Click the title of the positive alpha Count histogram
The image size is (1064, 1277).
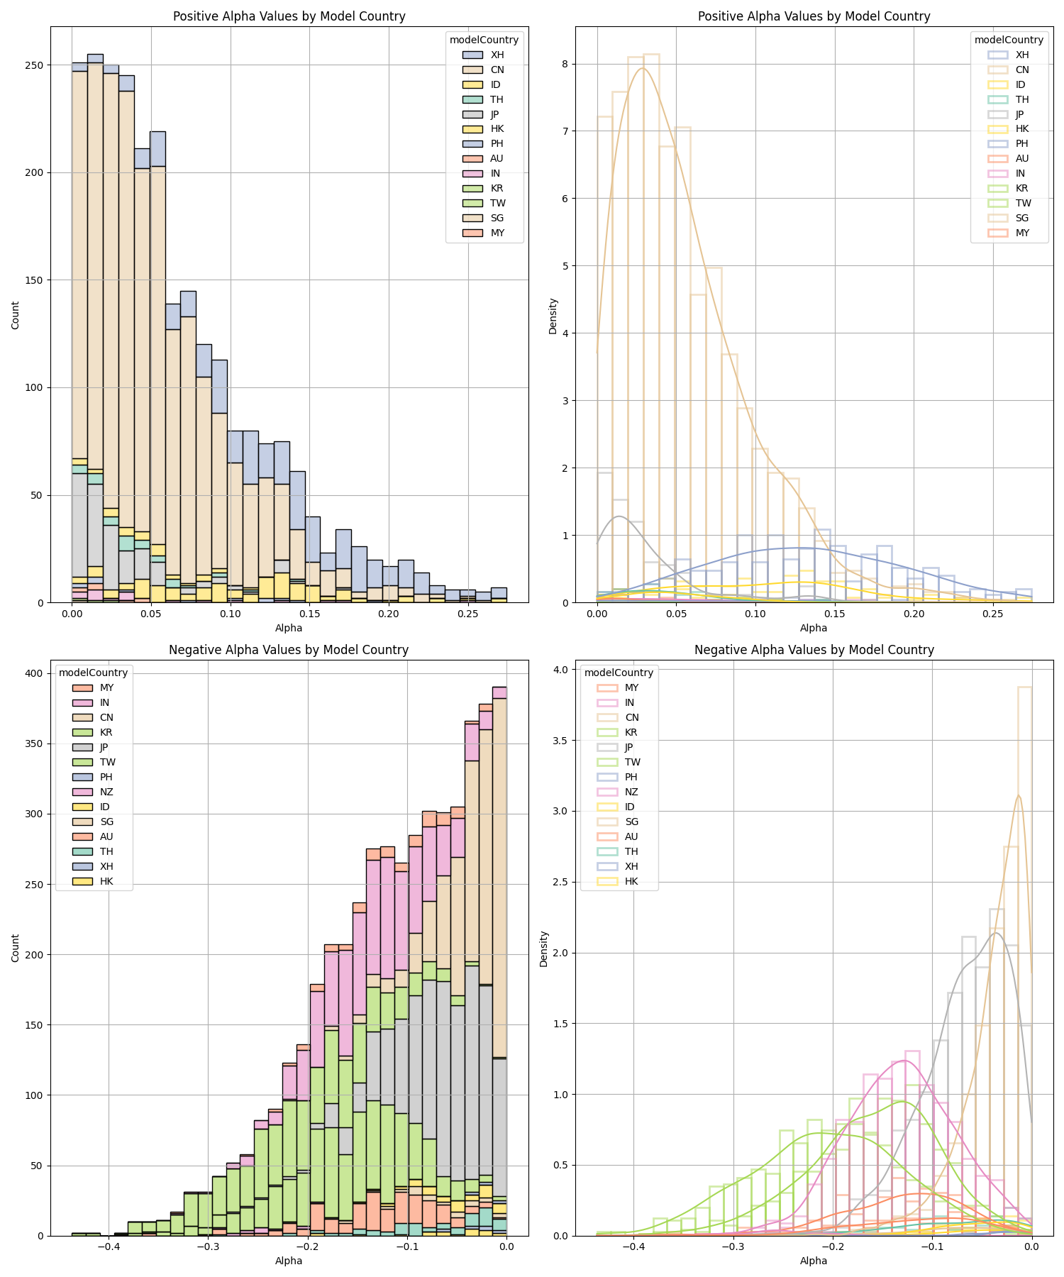(289, 16)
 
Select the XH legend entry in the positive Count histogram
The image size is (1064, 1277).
(497, 55)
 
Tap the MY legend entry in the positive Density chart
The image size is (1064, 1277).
(1021, 233)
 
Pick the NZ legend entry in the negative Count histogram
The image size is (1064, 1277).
(106, 792)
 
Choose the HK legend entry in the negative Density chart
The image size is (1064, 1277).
(631, 881)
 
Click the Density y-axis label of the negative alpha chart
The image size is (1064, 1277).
(544, 949)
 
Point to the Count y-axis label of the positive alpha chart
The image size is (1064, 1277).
(16, 314)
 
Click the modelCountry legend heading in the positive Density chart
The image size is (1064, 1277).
(1009, 40)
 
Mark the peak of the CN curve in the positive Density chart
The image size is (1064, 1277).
(643, 68)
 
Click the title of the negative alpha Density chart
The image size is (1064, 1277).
(814, 650)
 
